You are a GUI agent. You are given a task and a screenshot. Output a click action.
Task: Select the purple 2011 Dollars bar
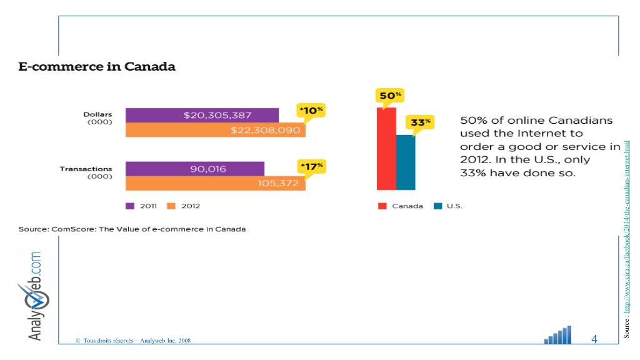tap(202, 115)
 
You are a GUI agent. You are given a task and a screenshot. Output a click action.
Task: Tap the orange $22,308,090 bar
tap(215, 130)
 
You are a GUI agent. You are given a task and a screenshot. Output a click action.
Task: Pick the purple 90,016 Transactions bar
tap(194, 169)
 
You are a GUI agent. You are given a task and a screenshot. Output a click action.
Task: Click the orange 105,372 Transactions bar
tap(215, 183)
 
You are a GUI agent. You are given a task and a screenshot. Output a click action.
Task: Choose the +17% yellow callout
tap(311, 167)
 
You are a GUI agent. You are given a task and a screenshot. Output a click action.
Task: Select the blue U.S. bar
tap(406, 162)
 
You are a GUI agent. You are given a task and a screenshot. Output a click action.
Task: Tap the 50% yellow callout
tap(389, 96)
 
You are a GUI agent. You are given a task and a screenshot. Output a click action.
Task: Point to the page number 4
tap(594, 339)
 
